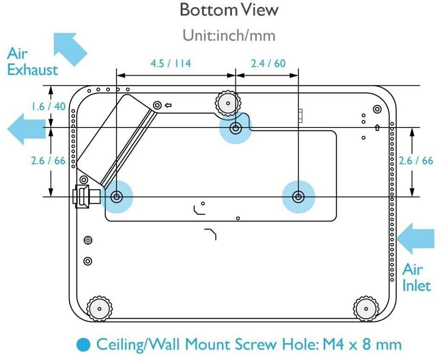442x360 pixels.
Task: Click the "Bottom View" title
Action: [x=229, y=10]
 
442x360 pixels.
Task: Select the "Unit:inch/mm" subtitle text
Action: [x=229, y=36]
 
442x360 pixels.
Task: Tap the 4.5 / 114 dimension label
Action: [x=171, y=63]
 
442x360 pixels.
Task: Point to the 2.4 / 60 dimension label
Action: [x=268, y=63]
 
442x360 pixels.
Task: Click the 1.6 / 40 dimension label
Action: [x=48, y=107]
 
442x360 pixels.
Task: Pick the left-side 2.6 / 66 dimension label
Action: [x=48, y=161]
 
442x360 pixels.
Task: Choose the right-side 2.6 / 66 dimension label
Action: [x=416, y=161]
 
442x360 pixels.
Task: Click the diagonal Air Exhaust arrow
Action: [x=70, y=49]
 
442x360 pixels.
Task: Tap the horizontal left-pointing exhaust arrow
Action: [x=26, y=129]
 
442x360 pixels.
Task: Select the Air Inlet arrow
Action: [x=416, y=239]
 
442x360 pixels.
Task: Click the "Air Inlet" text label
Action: [x=416, y=278]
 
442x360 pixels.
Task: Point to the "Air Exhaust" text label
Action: [x=32, y=62]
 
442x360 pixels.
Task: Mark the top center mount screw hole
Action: [x=236, y=129]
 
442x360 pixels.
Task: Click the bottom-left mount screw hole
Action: [x=116, y=196]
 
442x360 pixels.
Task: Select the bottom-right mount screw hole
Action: [x=298, y=196]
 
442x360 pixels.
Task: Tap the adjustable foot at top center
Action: [x=228, y=103]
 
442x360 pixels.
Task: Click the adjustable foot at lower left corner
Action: [x=99, y=309]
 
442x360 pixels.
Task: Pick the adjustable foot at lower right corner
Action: [x=366, y=309]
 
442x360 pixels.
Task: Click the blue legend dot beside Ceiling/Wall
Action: [x=83, y=345]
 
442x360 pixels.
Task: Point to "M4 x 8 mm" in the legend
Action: [x=362, y=344]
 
